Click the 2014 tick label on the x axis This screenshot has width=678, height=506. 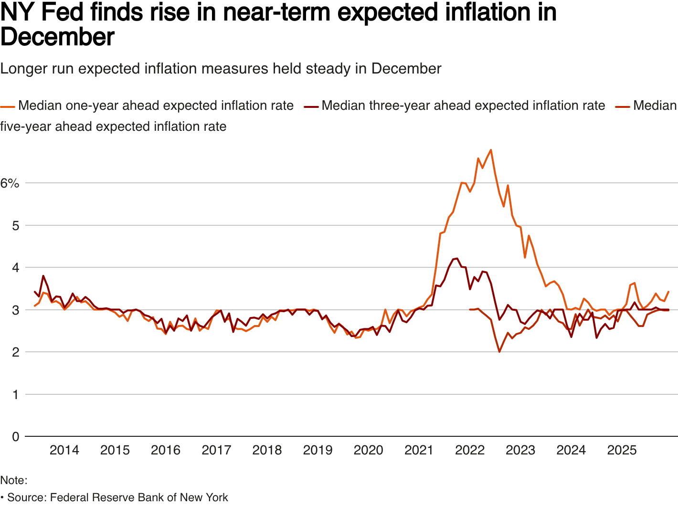[64, 450]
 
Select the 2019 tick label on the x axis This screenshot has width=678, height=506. [318, 450]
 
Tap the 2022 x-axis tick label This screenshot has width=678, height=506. [470, 450]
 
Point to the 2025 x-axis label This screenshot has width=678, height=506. [622, 450]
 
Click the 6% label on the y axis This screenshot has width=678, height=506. [10, 183]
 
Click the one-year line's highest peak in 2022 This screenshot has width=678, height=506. [491, 150]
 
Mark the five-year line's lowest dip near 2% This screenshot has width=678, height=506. [499, 352]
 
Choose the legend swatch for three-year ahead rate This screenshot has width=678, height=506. [311, 106]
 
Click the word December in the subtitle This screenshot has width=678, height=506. [406, 69]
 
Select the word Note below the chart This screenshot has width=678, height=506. [12, 480]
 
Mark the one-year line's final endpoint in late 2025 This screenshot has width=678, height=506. [668, 291]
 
